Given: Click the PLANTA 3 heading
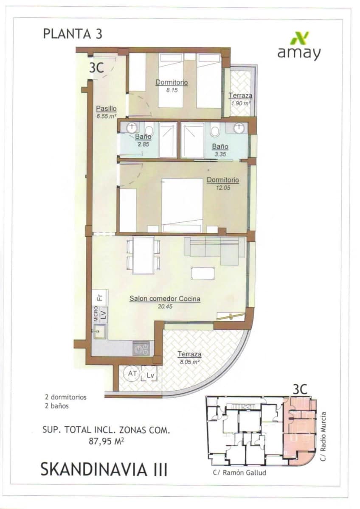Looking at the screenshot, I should tap(73, 34).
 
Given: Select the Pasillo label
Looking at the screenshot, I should tap(106, 108).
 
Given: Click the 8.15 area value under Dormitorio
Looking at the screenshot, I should tap(172, 90).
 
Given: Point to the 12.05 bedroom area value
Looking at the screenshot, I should tap(222, 187).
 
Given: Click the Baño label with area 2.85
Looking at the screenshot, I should tap(143, 137).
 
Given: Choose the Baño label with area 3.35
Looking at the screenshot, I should tap(220, 147).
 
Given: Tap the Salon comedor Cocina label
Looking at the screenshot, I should tap(165, 299).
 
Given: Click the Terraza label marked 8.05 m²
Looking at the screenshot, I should tap(189, 354).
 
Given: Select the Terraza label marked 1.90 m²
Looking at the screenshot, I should tap(240, 96).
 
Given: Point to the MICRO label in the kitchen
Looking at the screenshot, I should tap(96, 314).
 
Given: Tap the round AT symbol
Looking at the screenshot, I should tap(132, 373).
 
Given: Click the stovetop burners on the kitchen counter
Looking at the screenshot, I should tap(141, 349).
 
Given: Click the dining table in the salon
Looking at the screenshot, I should tap(143, 255).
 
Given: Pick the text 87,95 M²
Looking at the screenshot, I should tap(106, 441).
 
